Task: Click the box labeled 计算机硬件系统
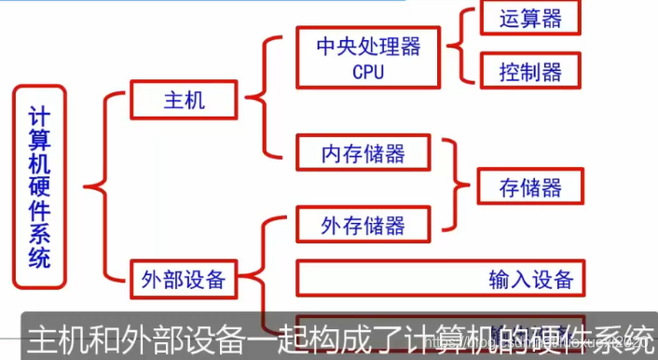tap(39, 186)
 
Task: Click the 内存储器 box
tap(363, 152)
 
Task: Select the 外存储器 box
tap(363, 225)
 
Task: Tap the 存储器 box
tap(531, 187)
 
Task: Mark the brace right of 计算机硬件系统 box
tap(100, 186)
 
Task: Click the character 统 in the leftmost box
tap(39, 258)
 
